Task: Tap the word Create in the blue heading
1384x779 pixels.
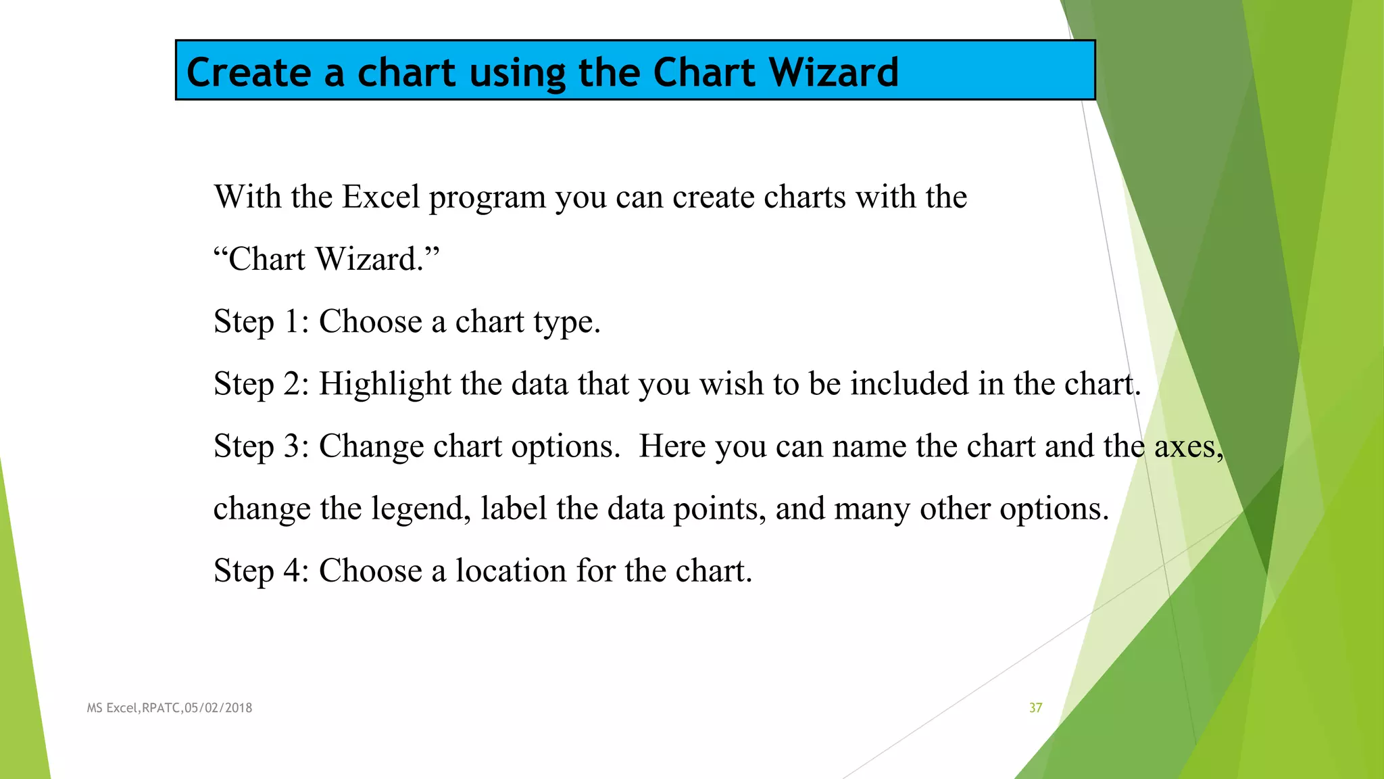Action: (249, 72)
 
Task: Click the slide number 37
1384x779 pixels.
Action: (1035, 708)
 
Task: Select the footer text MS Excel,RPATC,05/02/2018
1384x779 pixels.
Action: (170, 708)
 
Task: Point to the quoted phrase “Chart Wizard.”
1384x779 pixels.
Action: (326, 259)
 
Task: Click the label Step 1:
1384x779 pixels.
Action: (261, 321)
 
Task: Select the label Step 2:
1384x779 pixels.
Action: (261, 383)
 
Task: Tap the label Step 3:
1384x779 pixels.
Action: (261, 446)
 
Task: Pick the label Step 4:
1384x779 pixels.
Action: (261, 570)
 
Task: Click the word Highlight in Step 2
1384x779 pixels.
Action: (385, 385)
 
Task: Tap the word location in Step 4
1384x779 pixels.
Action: (511, 570)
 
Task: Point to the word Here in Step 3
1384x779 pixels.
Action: (672, 446)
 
